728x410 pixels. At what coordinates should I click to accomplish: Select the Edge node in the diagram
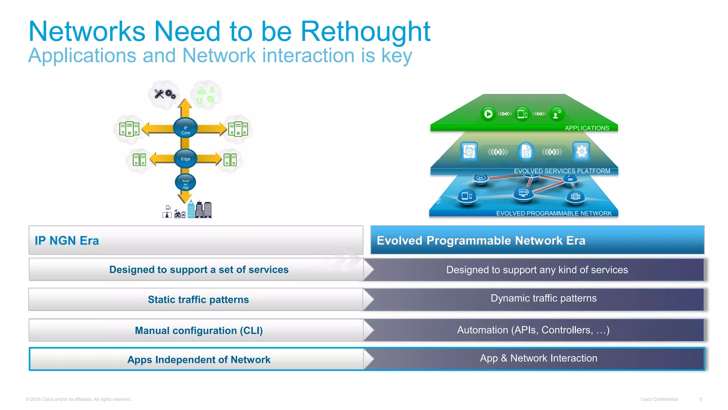tap(185, 159)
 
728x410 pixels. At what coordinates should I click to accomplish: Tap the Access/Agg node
tap(185, 183)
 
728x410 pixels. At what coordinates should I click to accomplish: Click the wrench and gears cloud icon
tap(165, 94)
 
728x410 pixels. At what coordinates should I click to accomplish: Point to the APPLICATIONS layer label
tap(587, 128)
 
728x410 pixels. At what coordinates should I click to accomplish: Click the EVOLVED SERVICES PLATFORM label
tap(562, 171)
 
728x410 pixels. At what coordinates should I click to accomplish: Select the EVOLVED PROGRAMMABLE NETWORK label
tap(553, 214)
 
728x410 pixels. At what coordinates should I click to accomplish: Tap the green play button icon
tap(488, 114)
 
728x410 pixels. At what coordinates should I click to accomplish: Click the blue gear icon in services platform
tap(581, 152)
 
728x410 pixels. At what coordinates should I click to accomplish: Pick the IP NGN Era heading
tap(67, 241)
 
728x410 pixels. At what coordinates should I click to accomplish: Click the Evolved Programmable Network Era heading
tap(481, 241)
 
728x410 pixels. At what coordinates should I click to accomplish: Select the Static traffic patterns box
tap(198, 300)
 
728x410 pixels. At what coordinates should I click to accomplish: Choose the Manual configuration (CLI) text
tap(199, 331)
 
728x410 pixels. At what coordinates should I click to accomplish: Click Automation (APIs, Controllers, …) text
tap(533, 330)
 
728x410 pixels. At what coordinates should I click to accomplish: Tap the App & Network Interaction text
tap(538, 358)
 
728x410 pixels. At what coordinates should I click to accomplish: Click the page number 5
tap(701, 399)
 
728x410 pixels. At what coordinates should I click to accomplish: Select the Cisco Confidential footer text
tap(659, 399)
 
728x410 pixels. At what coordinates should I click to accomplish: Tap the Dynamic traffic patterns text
tap(543, 298)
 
